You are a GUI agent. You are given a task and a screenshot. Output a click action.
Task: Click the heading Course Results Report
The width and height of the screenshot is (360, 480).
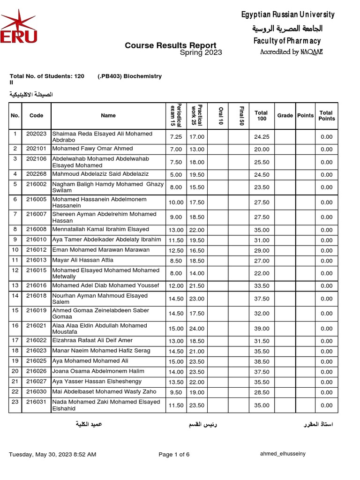pyautogui.click(x=170, y=45)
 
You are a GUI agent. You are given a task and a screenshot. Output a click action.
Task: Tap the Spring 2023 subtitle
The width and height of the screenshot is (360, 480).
pyautogui.click(x=201, y=52)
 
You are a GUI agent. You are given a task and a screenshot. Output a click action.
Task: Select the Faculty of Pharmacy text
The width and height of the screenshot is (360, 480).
pyautogui.click(x=287, y=41)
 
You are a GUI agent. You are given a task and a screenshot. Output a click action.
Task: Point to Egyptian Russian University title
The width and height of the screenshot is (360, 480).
pyautogui.click(x=288, y=15)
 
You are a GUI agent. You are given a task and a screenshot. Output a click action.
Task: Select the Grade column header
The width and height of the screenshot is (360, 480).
pyautogui.click(x=285, y=115)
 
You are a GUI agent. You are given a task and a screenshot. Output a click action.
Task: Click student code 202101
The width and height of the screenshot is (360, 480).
pyautogui.click(x=36, y=149)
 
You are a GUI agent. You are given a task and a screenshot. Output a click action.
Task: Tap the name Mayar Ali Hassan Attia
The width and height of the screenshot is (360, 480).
pyautogui.click(x=83, y=260)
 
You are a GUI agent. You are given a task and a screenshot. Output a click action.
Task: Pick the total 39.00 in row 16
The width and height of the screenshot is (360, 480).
pyautogui.click(x=262, y=329)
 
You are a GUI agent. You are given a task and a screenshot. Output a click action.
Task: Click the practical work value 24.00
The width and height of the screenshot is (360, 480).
pyautogui.click(x=197, y=329)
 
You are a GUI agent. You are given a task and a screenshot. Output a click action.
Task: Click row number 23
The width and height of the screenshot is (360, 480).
pyautogui.click(x=15, y=402)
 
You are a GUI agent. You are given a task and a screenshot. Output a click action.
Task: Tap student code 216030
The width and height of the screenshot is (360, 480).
pyautogui.click(x=36, y=392)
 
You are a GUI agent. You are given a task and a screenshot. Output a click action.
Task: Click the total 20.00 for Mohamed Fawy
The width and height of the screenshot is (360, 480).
pyautogui.click(x=262, y=149)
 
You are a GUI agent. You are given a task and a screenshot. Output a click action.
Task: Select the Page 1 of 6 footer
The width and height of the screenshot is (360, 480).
pyautogui.click(x=174, y=454)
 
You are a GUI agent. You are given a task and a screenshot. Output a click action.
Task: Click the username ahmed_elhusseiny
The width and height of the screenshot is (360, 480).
pyautogui.click(x=283, y=454)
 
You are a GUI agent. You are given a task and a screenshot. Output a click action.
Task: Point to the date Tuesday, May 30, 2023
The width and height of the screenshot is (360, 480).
pyautogui.click(x=52, y=454)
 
